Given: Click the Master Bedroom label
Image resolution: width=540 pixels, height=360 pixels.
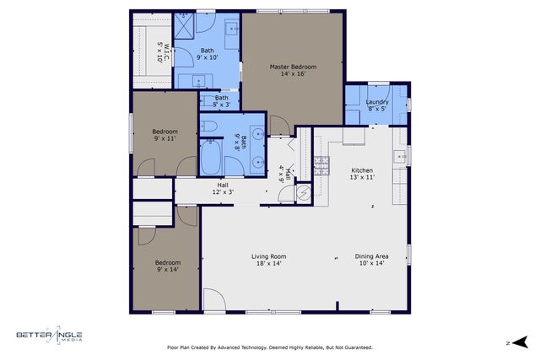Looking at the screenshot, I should (293, 70).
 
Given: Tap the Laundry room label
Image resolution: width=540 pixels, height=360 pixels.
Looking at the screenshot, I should (377, 105).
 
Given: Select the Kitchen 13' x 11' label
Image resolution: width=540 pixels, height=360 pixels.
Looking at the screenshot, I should (361, 174).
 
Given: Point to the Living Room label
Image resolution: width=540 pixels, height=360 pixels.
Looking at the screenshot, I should (269, 260).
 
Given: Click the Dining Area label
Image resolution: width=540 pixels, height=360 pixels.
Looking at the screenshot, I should (370, 260).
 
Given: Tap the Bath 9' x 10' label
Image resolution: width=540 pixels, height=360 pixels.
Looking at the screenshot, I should (208, 54).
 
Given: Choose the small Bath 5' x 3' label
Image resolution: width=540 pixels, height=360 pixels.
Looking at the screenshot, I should (221, 101).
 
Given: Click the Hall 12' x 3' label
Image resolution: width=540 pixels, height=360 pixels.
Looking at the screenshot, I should (223, 189).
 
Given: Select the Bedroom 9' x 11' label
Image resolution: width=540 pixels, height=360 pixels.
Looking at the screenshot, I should (165, 135).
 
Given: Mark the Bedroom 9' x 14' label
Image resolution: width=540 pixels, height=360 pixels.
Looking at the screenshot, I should (167, 266).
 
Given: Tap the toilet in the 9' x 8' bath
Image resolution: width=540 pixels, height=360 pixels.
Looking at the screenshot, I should (210, 127).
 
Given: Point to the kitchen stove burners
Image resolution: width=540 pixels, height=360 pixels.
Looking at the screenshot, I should (321, 164).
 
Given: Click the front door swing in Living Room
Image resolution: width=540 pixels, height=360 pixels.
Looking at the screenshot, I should (213, 299).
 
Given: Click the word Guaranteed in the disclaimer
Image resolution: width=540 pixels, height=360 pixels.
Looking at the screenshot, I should (355, 347).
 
